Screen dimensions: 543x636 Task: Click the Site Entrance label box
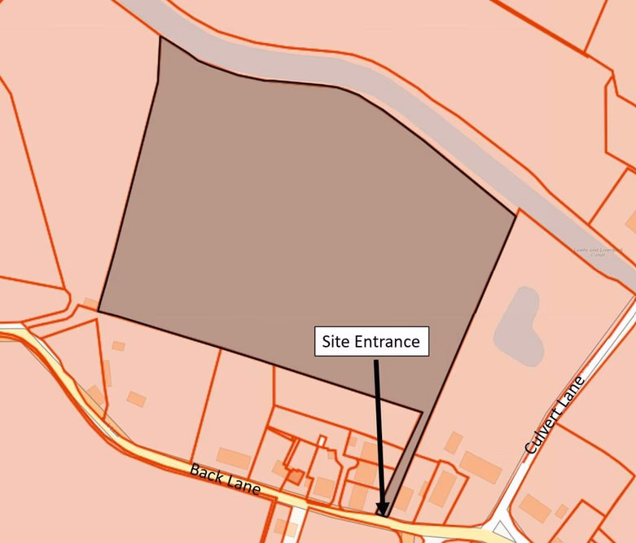[371, 341]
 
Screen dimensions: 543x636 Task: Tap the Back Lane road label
[226, 480]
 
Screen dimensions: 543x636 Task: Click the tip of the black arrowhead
[382, 515]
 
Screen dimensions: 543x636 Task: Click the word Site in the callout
[336, 341]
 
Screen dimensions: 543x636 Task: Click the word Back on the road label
[207, 475]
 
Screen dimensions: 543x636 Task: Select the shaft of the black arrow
[379, 431]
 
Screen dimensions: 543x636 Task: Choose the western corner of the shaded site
[99, 311]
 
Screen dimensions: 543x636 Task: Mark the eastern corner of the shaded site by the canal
[515, 215]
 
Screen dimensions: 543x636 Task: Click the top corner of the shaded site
[160, 37]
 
